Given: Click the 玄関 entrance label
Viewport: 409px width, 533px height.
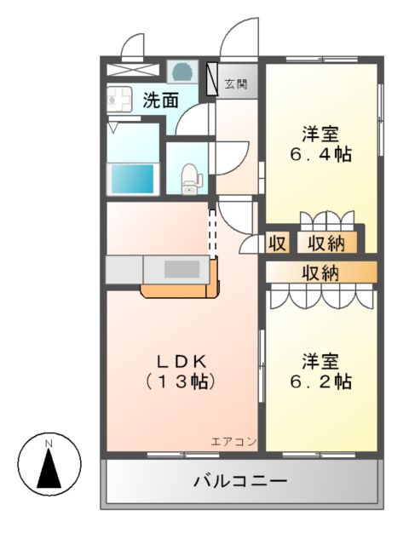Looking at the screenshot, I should point(236,83).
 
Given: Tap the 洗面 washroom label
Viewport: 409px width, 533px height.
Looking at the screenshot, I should point(160,100).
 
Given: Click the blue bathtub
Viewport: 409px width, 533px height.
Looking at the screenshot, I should point(133,180).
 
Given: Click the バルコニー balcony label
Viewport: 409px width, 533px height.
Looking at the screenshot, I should point(239,481).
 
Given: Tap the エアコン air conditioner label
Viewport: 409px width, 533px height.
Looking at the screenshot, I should point(234,441).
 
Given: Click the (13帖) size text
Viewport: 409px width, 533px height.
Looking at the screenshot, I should point(181,382).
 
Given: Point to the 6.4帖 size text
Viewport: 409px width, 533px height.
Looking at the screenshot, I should point(320,155).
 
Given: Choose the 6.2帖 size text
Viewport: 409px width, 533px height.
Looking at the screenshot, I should point(320,382).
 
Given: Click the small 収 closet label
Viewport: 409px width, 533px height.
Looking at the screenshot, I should point(277,244).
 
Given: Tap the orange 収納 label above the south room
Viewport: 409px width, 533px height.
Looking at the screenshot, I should point(320,272).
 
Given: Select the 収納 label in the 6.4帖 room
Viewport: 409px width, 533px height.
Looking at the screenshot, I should point(325,244).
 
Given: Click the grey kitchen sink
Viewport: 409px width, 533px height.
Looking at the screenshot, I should point(180,269).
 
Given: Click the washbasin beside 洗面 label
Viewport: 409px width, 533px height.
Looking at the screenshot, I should point(118,100).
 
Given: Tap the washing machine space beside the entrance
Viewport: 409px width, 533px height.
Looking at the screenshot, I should point(181,71).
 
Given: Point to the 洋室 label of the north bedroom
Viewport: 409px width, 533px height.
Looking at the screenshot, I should point(320,134).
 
